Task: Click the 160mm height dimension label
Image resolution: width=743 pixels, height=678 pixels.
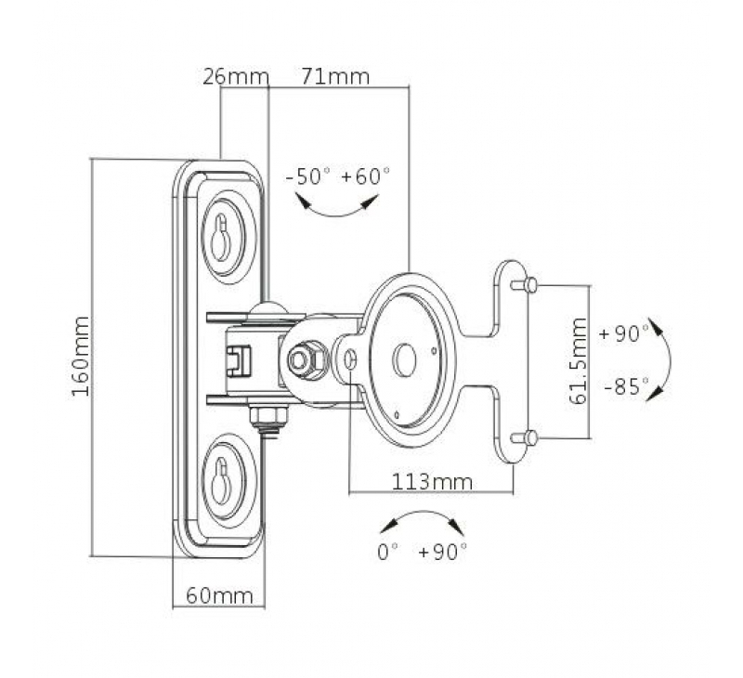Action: (81, 358)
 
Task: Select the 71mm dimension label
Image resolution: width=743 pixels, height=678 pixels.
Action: (335, 76)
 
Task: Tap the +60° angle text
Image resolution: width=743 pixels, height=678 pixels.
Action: (366, 176)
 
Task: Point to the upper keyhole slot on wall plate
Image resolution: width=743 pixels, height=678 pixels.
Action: (222, 240)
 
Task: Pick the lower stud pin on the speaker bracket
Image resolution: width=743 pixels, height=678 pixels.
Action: (526, 437)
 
